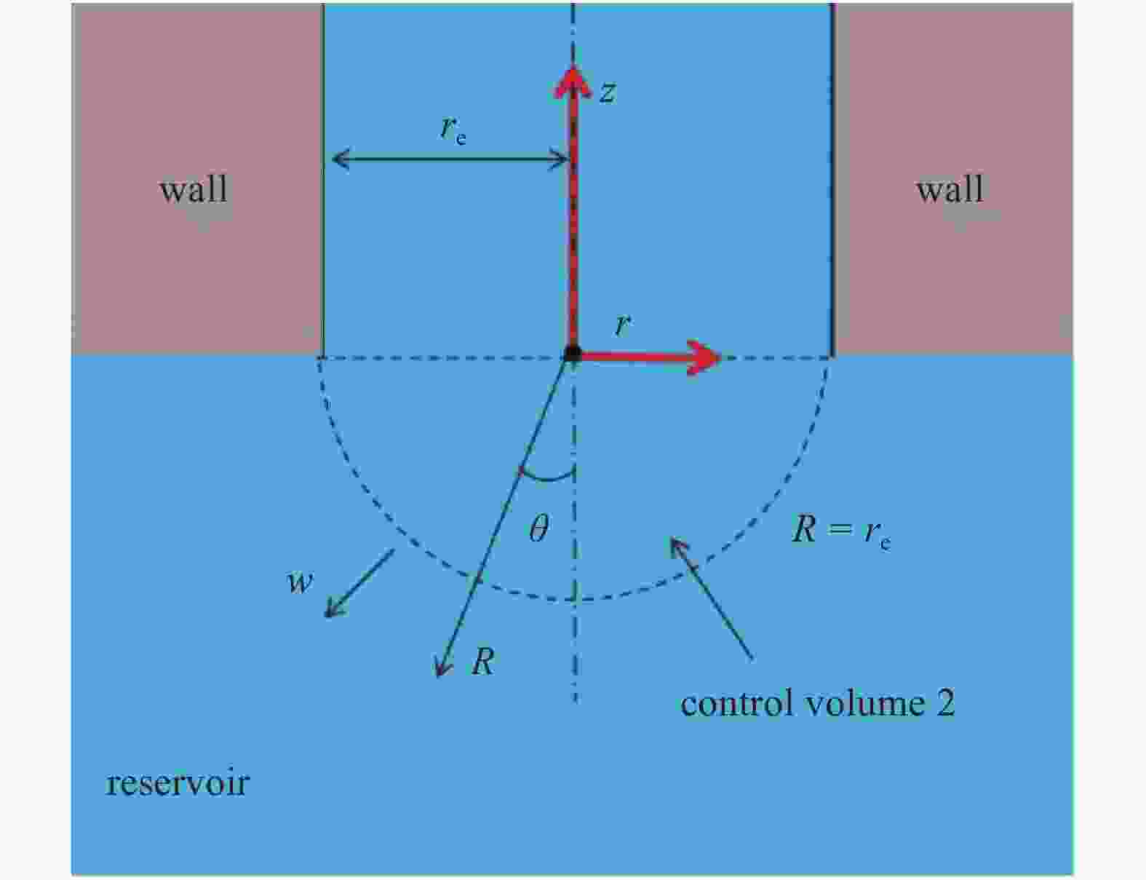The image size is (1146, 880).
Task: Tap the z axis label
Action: pos(608,93)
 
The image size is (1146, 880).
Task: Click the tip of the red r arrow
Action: pos(720,358)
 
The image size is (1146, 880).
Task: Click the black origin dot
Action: pos(573,354)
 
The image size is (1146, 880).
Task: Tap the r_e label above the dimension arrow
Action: pos(453,130)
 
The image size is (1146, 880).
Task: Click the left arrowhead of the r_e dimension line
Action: pos(333,159)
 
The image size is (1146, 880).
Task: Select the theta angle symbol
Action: pos(538,528)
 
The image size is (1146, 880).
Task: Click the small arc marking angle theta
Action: pos(547,476)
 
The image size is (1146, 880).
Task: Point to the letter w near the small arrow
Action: pos(300,582)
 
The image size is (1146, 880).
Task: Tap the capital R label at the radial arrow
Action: pos(483,660)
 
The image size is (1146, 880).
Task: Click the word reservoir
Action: pos(178,783)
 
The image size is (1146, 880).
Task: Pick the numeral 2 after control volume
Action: pos(946,704)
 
